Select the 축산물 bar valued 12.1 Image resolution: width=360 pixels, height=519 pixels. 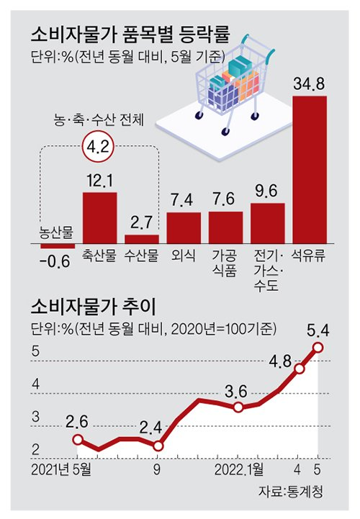(x=99, y=218)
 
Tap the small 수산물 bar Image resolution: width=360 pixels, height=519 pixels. (x=141, y=240)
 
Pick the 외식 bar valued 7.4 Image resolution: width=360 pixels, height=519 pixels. (x=184, y=228)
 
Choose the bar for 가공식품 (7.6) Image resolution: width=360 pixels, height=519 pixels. (x=225, y=227)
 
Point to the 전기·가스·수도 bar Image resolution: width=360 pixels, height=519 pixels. (x=267, y=224)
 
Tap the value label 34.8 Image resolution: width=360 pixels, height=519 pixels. (x=310, y=84)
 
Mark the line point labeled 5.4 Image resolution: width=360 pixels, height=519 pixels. (x=318, y=348)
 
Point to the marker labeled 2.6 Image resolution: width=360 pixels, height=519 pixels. (x=78, y=439)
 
